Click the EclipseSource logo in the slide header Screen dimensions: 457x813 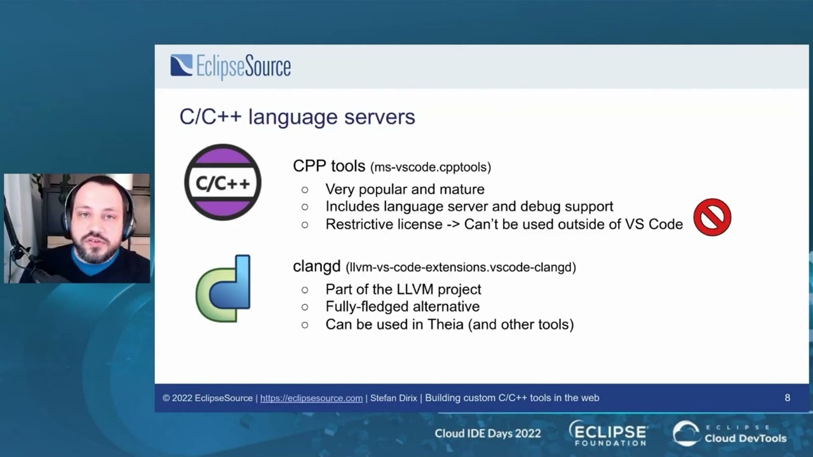(231, 67)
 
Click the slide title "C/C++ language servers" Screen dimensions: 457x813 (297, 117)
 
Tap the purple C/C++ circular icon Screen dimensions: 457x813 (222, 182)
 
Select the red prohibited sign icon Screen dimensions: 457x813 (712, 218)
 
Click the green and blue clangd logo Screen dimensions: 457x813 (224, 288)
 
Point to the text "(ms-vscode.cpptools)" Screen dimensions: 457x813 (431, 168)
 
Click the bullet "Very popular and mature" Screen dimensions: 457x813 (405, 189)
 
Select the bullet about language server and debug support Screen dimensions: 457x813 (469, 206)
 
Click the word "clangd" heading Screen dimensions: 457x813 (317, 267)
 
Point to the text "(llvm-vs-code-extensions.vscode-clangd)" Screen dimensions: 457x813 (461, 267)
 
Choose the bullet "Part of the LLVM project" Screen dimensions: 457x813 (403, 289)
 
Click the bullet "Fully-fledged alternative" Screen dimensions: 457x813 (402, 307)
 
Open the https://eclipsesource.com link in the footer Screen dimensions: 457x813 (311, 398)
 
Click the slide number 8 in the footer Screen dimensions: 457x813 (787, 398)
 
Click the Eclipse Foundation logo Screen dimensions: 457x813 (608, 433)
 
